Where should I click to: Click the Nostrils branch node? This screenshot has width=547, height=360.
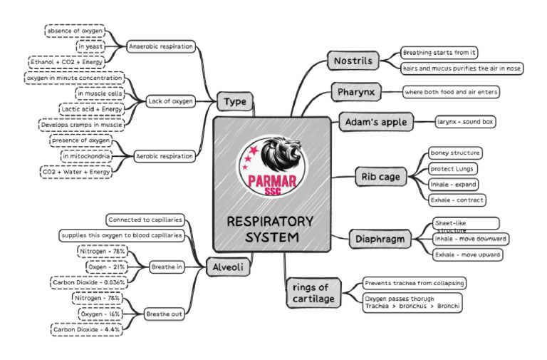353,61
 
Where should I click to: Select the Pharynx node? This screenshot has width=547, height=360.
357,92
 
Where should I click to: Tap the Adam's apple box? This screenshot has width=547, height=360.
375,122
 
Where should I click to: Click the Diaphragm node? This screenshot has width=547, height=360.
381,239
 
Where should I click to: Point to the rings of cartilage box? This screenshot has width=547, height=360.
313,293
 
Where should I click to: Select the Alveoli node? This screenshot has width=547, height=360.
227,267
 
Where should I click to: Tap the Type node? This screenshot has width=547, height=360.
234,102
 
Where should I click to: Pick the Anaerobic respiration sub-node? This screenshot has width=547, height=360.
161,46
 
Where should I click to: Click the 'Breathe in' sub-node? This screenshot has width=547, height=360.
166,267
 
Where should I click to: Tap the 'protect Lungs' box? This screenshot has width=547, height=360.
452,169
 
